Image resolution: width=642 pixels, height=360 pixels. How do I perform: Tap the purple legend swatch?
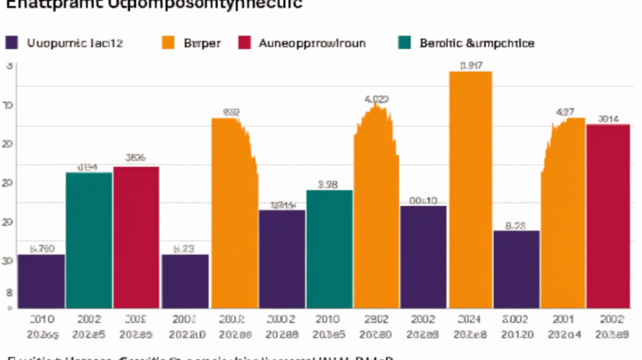pos(12,42)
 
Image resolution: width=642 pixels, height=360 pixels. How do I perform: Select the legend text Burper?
pos(200,42)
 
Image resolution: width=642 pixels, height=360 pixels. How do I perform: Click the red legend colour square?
pos(246,42)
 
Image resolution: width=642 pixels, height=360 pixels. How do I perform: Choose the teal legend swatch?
pos(403,42)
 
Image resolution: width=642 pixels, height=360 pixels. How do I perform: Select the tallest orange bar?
pos(471,190)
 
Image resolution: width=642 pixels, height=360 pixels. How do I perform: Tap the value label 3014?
pos(608,118)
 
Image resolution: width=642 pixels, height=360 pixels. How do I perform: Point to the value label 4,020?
pos(376,100)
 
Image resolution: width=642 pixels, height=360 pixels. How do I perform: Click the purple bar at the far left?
pos(41,280)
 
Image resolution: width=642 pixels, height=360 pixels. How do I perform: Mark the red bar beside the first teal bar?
pos(136,237)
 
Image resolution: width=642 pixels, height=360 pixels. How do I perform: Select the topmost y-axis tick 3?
pos(9,65)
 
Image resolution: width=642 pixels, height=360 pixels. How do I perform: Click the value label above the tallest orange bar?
pos(471,65)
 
